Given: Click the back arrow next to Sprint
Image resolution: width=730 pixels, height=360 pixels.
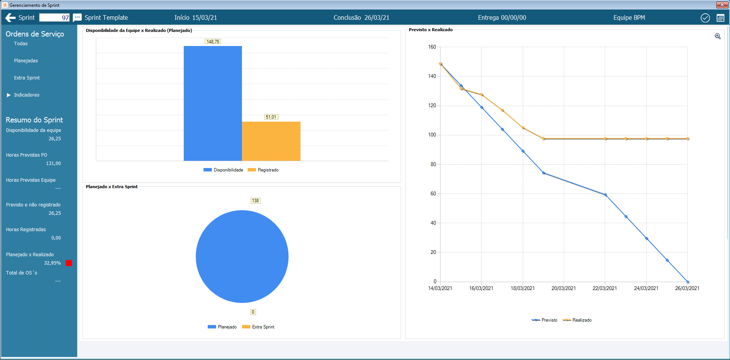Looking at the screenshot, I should (10, 17).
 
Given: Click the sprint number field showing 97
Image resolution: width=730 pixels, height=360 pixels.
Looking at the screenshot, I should (54, 17).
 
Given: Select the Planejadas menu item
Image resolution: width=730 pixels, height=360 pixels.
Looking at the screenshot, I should (26, 61).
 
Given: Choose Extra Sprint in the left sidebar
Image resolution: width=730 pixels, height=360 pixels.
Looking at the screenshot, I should (27, 78).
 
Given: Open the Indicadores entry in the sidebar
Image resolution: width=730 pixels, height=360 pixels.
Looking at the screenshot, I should (27, 95).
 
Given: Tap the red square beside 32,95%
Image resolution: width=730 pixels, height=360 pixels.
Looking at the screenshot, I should (69, 263).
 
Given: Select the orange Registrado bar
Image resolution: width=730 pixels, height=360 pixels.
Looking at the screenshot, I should (271, 141).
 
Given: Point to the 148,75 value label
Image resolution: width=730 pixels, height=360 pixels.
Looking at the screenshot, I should (213, 42).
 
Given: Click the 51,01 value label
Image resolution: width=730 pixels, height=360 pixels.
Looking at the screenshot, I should (271, 117).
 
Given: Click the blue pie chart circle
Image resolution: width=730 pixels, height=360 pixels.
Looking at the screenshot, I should (242, 257).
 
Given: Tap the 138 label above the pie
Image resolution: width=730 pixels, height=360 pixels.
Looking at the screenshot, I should (255, 201).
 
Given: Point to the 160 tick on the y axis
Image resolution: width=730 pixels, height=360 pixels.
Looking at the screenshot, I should (432, 47).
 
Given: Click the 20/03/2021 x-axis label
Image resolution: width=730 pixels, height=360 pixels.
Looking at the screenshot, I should (563, 289).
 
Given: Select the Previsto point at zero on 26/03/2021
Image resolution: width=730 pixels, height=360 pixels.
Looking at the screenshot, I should (687, 282).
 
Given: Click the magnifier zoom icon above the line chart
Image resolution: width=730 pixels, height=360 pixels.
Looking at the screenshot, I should (717, 36).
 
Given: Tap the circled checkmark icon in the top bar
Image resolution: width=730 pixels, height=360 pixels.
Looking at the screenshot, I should (705, 18).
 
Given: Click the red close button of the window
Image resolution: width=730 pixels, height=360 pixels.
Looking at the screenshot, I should (722, 5).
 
